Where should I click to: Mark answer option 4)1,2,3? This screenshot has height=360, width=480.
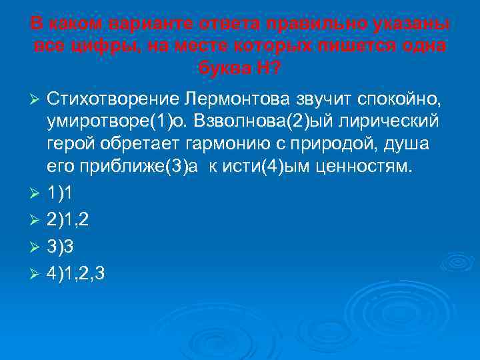click(x=76, y=274)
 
